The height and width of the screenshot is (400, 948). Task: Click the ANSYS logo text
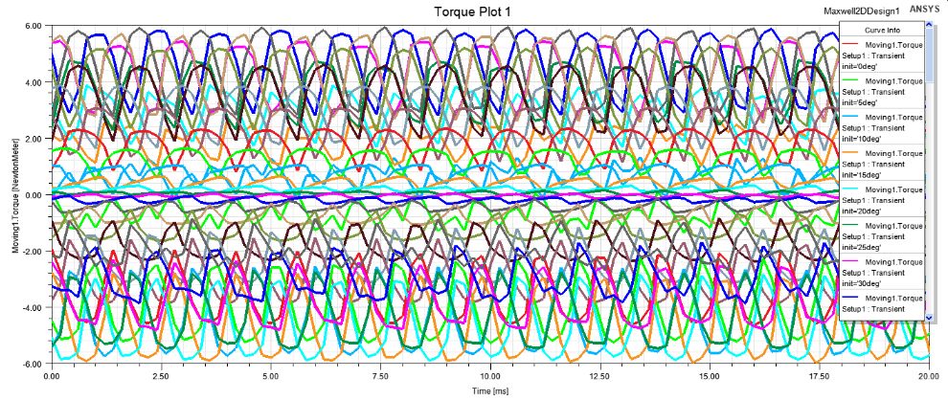[x=924, y=9]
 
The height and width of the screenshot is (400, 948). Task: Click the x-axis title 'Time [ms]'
[x=490, y=391]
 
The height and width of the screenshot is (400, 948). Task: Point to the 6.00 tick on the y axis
[x=31, y=26]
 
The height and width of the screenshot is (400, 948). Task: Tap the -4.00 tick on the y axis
[x=29, y=308]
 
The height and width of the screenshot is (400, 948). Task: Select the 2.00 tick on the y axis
[x=31, y=139]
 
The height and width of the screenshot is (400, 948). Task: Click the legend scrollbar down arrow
[x=928, y=316]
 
